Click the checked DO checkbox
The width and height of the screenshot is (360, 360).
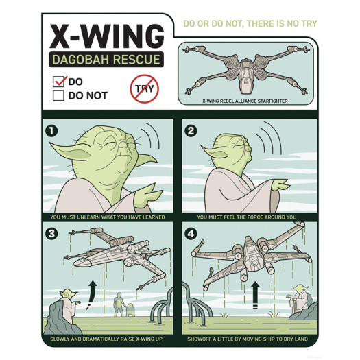point(58,82)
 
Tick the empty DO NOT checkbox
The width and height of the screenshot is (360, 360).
point(58,95)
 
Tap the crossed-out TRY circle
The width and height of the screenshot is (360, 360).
point(145,89)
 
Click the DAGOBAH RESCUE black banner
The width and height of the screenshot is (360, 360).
point(106,60)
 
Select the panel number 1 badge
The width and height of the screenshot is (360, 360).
point(51,131)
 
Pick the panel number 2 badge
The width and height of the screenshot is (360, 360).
point(191,131)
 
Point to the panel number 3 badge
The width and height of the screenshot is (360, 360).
point(51,234)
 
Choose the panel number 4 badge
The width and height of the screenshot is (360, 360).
point(191,234)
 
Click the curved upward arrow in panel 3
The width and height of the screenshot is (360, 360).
point(91,295)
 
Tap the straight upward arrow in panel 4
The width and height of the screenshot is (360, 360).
point(255,295)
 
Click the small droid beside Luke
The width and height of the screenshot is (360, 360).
point(130,310)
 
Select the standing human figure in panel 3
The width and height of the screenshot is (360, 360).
point(119,304)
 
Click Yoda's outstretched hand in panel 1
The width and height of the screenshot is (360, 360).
point(147,195)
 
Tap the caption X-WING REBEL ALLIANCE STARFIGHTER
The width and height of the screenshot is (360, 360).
point(245,101)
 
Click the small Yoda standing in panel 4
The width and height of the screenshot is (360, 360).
point(299,298)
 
